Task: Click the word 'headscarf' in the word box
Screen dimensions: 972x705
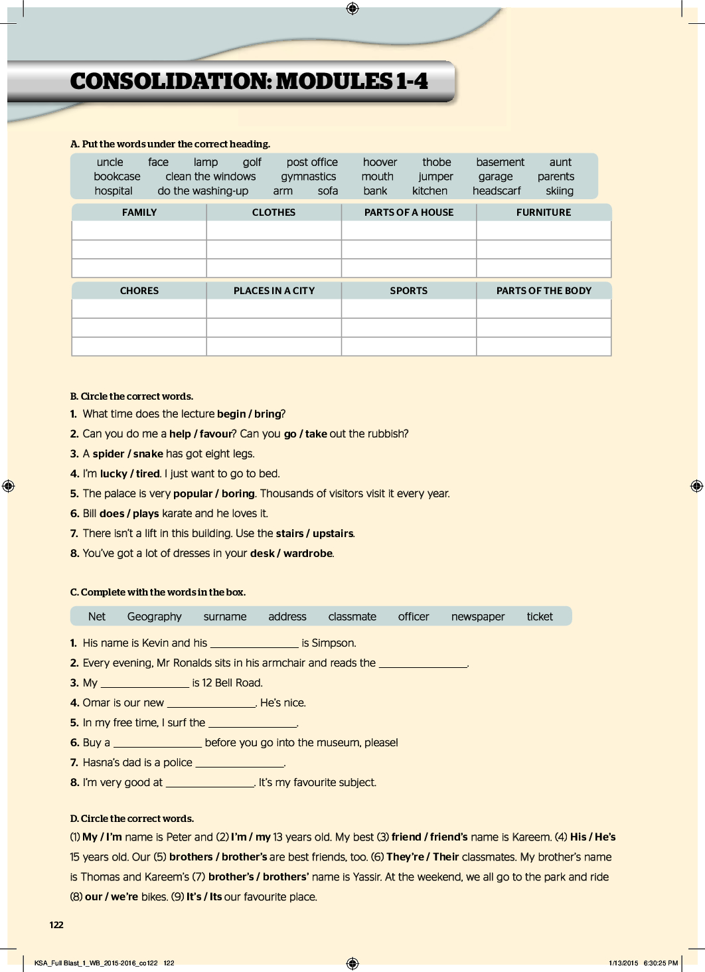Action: (497, 191)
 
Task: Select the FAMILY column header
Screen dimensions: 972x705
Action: (139, 212)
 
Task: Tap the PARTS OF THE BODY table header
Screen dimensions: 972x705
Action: (544, 291)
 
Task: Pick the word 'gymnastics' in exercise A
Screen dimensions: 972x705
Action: (308, 177)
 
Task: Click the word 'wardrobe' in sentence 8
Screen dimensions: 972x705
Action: (308, 554)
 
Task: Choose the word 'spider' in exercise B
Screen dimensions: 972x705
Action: (108, 454)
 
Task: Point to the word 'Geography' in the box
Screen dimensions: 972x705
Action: (154, 617)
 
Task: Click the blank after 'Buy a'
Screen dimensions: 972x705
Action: (157, 743)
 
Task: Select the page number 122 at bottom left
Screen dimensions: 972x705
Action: (56, 925)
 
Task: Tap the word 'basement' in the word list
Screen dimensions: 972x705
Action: (500, 162)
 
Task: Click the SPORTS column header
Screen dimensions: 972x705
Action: (409, 291)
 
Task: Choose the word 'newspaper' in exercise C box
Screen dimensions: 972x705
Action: (478, 617)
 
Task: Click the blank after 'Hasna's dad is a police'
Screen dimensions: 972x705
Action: (240, 763)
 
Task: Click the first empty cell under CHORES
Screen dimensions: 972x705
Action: (139, 309)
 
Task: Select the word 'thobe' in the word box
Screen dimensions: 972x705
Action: (436, 162)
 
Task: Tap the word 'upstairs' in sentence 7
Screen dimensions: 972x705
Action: (333, 534)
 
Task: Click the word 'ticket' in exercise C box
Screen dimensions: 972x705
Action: (540, 617)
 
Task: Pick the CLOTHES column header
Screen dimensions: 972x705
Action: (274, 212)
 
